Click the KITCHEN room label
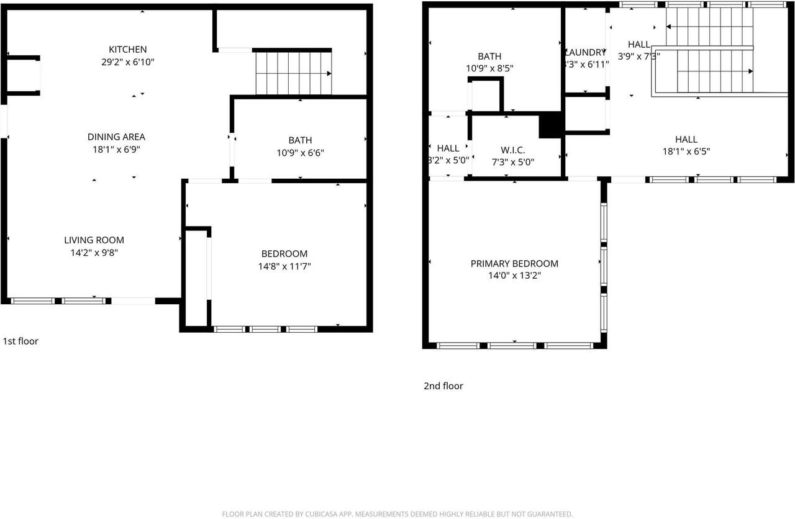(127, 50)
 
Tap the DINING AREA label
(116, 137)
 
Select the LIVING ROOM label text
(94, 240)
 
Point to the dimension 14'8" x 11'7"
(284, 266)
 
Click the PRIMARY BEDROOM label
(514, 263)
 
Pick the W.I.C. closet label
(512, 150)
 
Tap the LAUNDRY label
(584, 53)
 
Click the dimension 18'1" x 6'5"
(686, 151)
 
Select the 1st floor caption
(20, 341)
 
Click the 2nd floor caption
(443, 386)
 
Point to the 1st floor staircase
(293, 73)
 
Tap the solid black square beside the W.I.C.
(550, 125)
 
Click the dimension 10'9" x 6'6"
(300, 153)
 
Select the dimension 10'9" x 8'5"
(489, 68)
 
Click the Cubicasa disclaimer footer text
(397, 513)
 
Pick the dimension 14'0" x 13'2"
(514, 276)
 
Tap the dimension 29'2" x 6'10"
(127, 62)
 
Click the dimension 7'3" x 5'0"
(512, 162)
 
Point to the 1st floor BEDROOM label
(284, 253)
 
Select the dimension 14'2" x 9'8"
(94, 253)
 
